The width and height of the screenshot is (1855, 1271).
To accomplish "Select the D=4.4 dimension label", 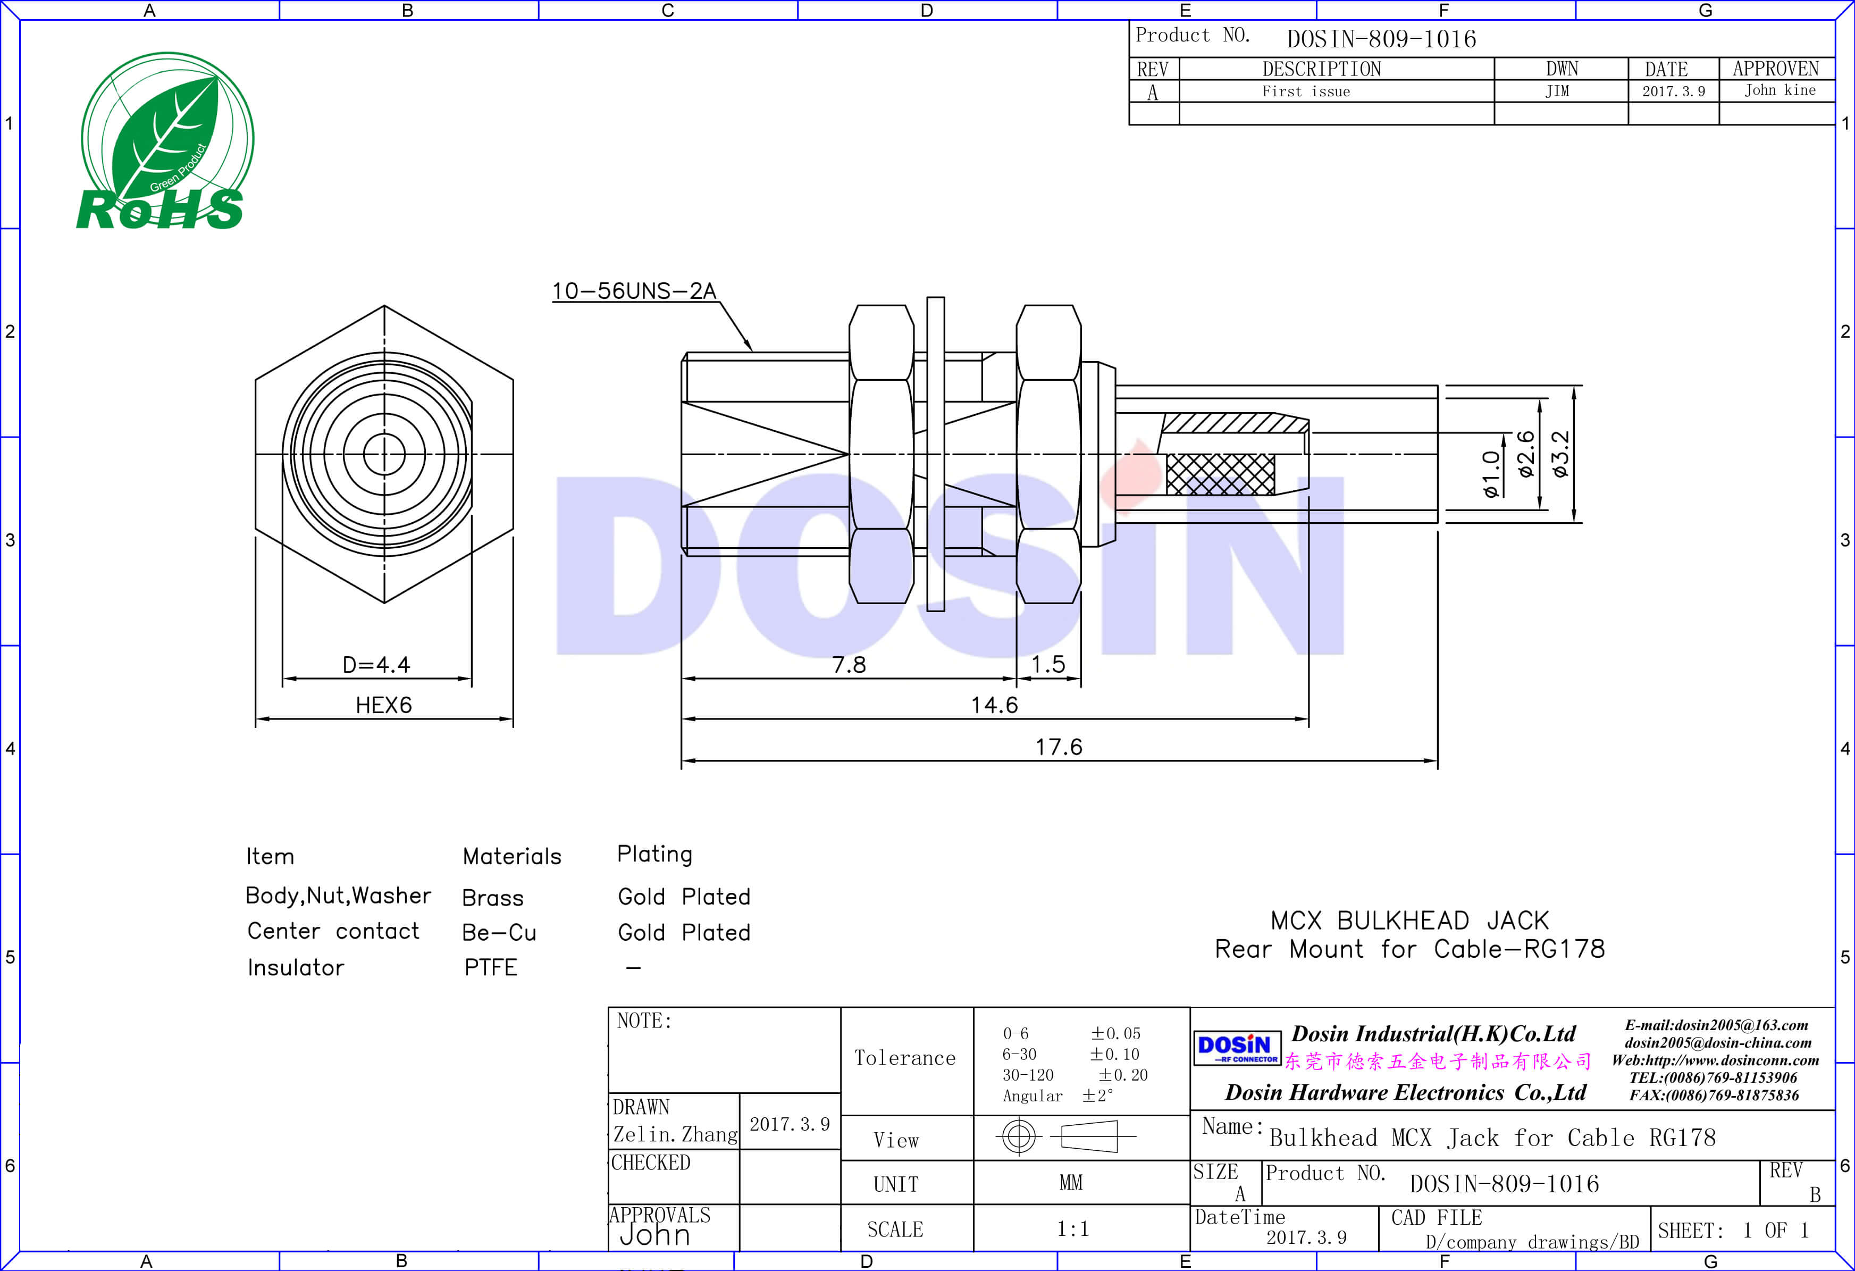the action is click(x=376, y=664).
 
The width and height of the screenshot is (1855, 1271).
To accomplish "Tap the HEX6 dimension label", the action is click(x=384, y=705).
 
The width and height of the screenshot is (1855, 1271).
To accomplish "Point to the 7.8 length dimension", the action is click(x=849, y=664).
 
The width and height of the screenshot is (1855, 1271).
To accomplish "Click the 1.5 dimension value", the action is click(x=1048, y=664).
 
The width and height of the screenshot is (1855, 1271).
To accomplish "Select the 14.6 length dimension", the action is click(x=995, y=705).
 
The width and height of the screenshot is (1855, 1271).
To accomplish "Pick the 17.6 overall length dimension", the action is click(x=1059, y=747).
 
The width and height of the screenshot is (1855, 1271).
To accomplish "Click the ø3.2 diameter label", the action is click(x=1560, y=454).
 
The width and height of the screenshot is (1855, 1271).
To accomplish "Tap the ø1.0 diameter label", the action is click(x=1491, y=474).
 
